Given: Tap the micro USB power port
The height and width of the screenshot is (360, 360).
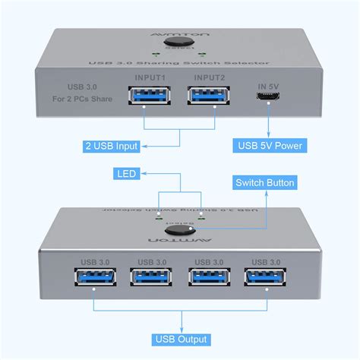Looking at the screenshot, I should [x=270, y=97].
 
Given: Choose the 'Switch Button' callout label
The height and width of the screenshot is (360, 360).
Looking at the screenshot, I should [x=264, y=182].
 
